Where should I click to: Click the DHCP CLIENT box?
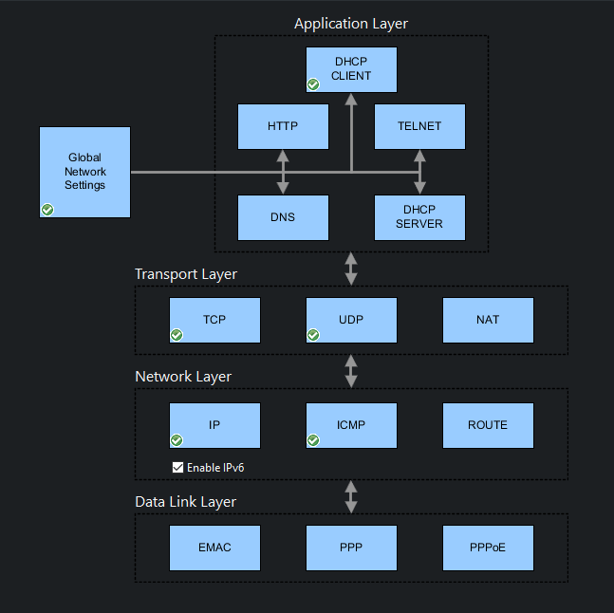[351, 69]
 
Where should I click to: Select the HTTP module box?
[282, 126]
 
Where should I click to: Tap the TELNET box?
[420, 126]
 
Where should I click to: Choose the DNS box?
[282, 217]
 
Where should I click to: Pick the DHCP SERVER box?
[420, 217]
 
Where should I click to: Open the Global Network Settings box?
[84, 172]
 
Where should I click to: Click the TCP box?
[214, 320]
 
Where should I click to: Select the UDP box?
[351, 320]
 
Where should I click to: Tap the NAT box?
[488, 320]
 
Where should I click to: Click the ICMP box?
[351, 425]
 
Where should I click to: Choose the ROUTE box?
[488, 425]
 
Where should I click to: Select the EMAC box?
[214, 548]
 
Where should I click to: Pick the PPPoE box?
[488, 548]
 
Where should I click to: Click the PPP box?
[351, 548]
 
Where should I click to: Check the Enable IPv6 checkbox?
[177, 467]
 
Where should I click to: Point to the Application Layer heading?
[351, 24]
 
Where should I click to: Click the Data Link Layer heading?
[185, 502]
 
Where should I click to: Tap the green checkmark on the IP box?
[177, 440]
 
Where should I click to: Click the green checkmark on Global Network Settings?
[47, 210]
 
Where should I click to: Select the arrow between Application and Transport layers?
[351, 269]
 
